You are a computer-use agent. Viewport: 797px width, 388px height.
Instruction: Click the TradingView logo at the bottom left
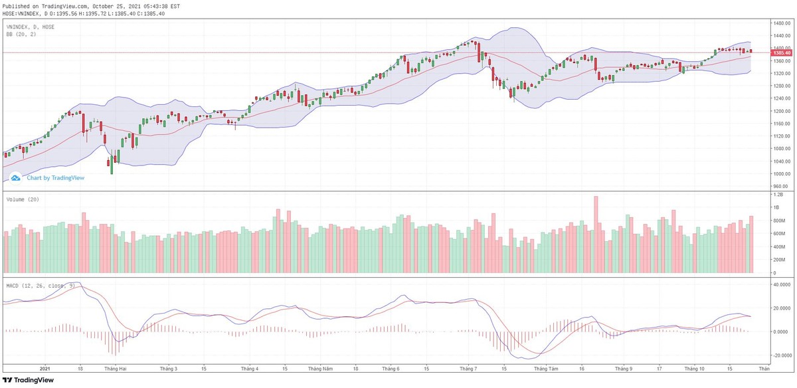pyautogui.click(x=28, y=380)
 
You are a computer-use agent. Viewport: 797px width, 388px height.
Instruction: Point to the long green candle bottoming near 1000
pyautogui.click(x=112, y=162)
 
